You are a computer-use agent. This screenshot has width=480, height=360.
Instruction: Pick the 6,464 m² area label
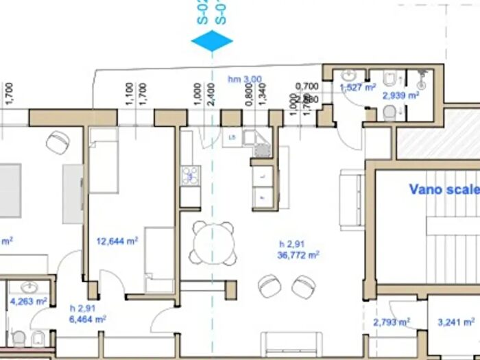[88, 319]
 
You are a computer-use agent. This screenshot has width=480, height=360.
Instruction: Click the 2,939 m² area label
[400, 96]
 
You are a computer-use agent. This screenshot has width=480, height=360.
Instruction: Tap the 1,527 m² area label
[358, 87]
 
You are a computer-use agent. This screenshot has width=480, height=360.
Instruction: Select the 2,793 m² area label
[392, 322]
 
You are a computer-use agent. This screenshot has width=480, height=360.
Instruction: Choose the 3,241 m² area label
[457, 322]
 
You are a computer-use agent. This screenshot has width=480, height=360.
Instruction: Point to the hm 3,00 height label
[245, 80]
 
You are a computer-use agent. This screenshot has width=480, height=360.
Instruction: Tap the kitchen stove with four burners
[190, 176]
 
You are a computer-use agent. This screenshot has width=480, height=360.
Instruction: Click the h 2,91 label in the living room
[291, 243]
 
